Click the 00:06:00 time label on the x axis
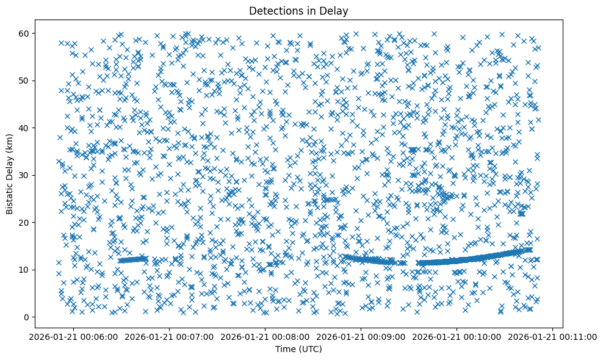(73, 336)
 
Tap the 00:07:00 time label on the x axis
(169, 336)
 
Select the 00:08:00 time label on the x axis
(265, 336)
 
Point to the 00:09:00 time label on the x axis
(361, 336)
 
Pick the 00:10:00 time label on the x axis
(457, 336)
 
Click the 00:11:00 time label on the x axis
(553, 336)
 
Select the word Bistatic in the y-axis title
(10, 196)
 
